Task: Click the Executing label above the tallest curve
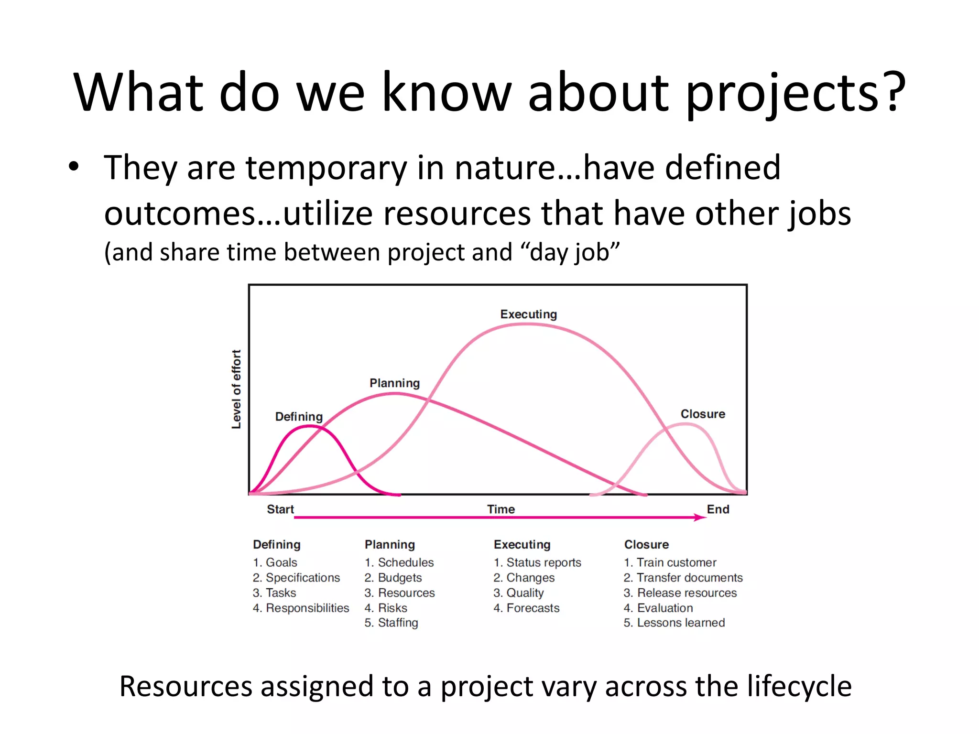(528, 314)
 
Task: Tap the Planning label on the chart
(394, 383)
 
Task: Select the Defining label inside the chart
(299, 417)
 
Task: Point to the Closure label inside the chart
(703, 414)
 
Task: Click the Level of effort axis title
(237, 389)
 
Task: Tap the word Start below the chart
(280, 509)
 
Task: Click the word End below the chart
(718, 509)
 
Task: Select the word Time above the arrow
(501, 509)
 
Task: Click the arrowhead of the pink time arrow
(701, 518)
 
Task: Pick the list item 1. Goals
(275, 562)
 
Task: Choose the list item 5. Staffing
(391, 623)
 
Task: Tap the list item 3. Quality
(519, 593)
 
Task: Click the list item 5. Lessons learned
(674, 623)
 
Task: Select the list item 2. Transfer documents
(683, 578)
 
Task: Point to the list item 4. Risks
(386, 608)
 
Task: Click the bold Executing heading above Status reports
(522, 545)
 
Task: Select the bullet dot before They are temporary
(73, 167)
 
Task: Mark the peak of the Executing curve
(526, 324)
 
